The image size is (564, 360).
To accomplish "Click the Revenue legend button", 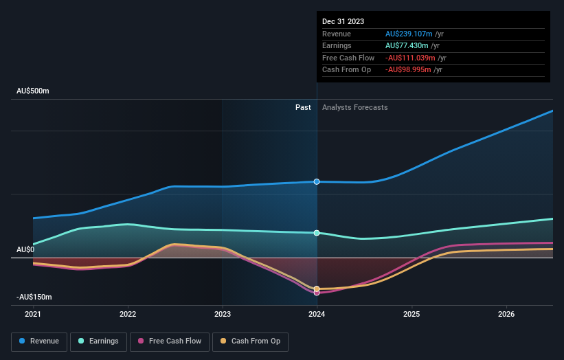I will pyautogui.click(x=39, y=341).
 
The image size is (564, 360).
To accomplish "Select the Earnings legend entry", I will pyautogui.click(x=98, y=341).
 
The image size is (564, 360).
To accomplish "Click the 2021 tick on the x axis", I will pyautogui.click(x=33, y=314).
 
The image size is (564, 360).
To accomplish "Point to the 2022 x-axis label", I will pyautogui.click(x=128, y=314).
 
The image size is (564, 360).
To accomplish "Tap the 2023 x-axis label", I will pyautogui.click(x=222, y=314).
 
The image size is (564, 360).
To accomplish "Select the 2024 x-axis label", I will pyautogui.click(x=317, y=314).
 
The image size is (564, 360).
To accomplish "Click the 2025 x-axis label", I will pyautogui.click(x=411, y=314).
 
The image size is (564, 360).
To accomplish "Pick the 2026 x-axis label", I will pyautogui.click(x=506, y=314).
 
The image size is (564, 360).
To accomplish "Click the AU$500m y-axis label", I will pyautogui.click(x=33, y=91).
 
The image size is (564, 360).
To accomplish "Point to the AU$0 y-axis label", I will pyautogui.click(x=26, y=249).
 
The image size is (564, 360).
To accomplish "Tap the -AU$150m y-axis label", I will pyautogui.click(x=34, y=297).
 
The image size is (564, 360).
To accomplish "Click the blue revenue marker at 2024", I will pyautogui.click(x=317, y=181).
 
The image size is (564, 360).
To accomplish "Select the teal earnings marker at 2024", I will pyautogui.click(x=317, y=233).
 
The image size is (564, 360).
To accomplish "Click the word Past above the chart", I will pyautogui.click(x=303, y=107).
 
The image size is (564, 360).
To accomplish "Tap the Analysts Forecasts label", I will pyautogui.click(x=354, y=107).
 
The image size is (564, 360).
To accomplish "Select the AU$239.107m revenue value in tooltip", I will pyautogui.click(x=409, y=34).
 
